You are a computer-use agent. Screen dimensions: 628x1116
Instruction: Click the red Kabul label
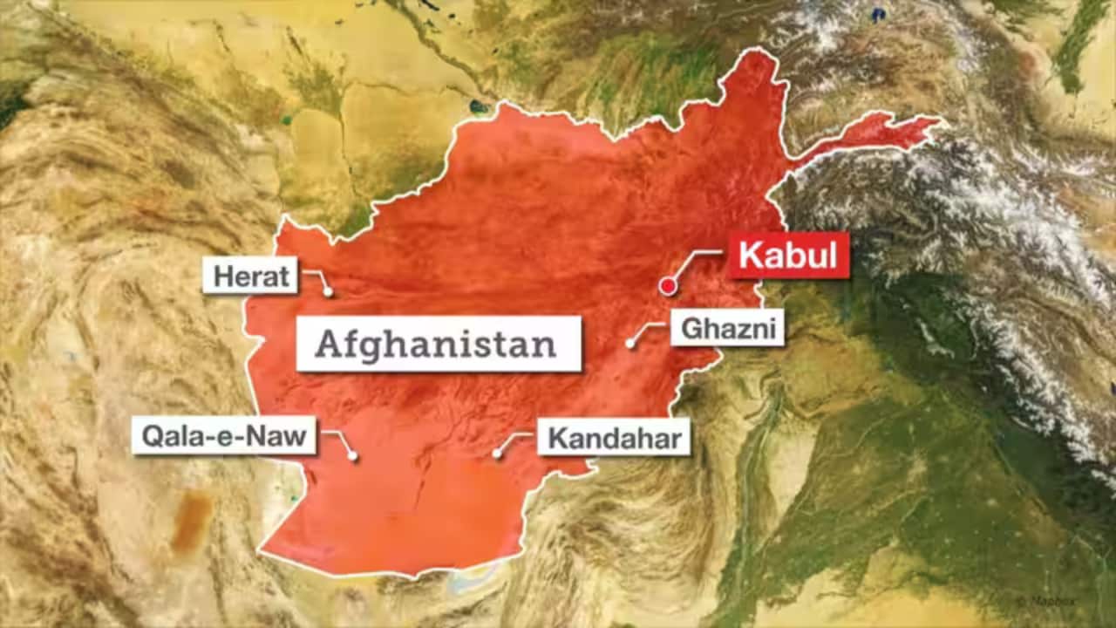[x=788, y=256]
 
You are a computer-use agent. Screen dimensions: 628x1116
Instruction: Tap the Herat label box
[x=251, y=276]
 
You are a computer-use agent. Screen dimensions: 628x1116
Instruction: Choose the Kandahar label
[x=614, y=438]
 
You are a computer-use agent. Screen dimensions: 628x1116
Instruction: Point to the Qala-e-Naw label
[x=224, y=435]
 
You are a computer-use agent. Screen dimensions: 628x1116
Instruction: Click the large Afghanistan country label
[x=437, y=344]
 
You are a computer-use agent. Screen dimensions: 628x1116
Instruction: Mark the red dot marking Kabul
[x=668, y=284]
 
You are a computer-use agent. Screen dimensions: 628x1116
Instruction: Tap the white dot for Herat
[x=329, y=292]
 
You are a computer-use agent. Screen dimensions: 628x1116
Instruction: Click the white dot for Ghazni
[x=629, y=344]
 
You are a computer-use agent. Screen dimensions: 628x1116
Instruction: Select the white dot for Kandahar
[x=497, y=454]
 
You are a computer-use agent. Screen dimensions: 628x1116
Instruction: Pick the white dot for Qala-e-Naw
[x=353, y=455]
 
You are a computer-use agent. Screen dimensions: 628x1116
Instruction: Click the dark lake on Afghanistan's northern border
[x=478, y=107]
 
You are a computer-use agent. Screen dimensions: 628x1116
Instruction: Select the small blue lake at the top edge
[x=878, y=14]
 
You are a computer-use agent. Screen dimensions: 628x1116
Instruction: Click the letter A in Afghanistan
[x=328, y=345]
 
